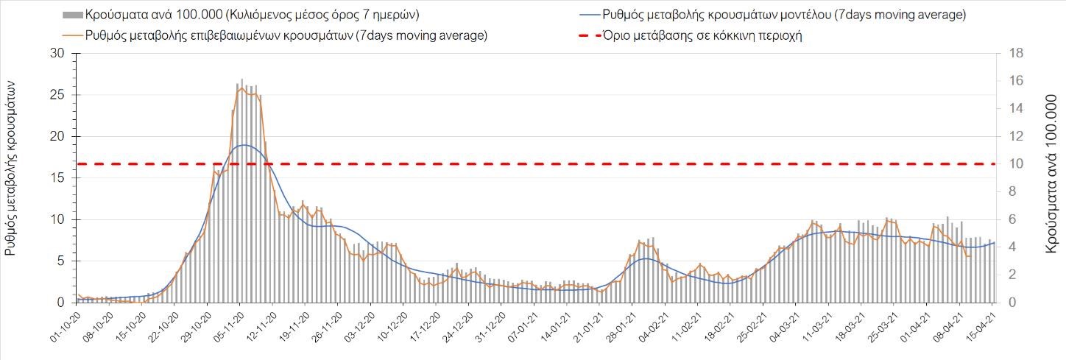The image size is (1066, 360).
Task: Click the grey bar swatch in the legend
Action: (x=72, y=15)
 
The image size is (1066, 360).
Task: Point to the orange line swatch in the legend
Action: (x=72, y=35)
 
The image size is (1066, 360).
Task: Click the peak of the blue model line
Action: (x=243, y=145)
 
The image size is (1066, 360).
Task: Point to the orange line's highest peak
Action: (x=242, y=88)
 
